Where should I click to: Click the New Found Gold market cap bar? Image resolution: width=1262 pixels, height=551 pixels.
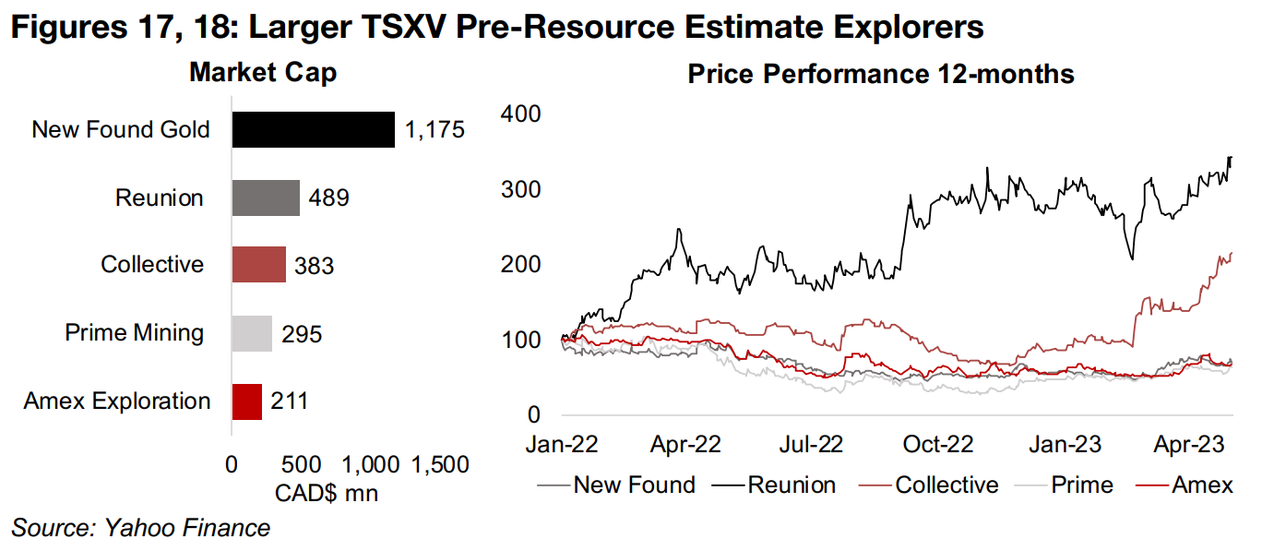click(313, 130)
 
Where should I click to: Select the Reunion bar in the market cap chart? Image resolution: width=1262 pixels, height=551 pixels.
click(266, 198)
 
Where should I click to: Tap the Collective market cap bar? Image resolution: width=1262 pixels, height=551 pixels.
click(258, 265)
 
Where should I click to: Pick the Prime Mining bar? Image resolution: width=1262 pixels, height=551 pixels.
click(252, 333)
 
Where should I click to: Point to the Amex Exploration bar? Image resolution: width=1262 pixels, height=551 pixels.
click(246, 401)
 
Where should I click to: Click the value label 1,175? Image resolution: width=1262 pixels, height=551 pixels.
click(434, 130)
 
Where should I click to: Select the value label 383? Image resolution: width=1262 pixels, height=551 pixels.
click(314, 266)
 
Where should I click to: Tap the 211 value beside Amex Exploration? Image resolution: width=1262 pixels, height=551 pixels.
click(289, 401)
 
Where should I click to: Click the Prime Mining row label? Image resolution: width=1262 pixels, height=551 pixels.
click(135, 333)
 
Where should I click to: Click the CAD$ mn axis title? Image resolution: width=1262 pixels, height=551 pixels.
click(327, 493)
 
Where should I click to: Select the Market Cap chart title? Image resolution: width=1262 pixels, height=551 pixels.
click(263, 74)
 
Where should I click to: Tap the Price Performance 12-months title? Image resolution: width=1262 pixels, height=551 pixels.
click(881, 74)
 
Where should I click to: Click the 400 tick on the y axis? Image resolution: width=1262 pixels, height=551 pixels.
click(521, 114)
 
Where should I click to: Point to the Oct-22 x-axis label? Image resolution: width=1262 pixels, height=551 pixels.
click(938, 444)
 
